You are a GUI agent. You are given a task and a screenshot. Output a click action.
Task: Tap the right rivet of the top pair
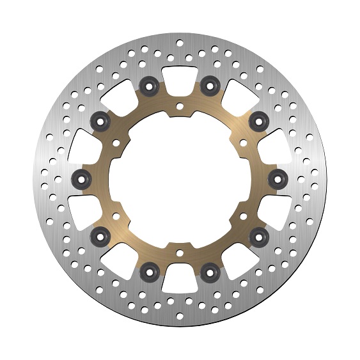208,83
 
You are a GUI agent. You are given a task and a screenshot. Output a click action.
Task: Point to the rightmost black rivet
277,178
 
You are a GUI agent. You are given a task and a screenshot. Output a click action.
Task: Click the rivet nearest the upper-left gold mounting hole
100,119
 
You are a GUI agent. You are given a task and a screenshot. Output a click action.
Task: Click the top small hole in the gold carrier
180,106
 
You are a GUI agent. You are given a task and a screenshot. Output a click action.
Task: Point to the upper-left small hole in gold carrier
117,142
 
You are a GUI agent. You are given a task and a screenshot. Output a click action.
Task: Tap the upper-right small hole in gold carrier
242,142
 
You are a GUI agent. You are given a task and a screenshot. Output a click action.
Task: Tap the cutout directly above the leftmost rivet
84,144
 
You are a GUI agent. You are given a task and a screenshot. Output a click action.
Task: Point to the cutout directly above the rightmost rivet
276,144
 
